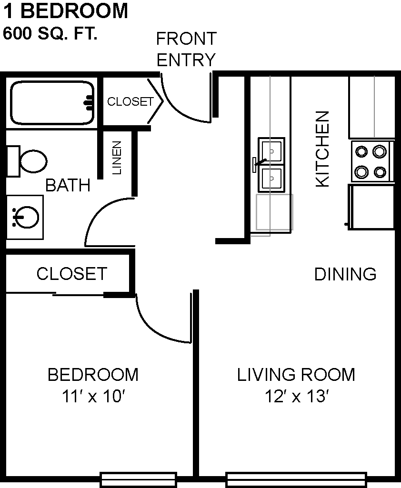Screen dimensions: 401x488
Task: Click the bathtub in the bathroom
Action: (x=52, y=103)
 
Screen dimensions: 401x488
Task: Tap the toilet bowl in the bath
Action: (x=33, y=161)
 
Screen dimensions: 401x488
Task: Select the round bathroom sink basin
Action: (x=28, y=217)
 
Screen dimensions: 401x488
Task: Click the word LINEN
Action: (x=117, y=158)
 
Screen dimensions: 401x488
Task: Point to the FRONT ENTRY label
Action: (x=186, y=49)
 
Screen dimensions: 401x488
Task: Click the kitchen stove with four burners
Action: (x=371, y=161)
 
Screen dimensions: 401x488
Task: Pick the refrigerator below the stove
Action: (x=371, y=207)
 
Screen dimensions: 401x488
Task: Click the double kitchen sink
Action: (x=271, y=165)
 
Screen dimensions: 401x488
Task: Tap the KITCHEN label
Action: (x=322, y=149)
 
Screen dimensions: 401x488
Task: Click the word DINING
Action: (x=345, y=274)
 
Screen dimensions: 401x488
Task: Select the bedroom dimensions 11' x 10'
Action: (x=93, y=397)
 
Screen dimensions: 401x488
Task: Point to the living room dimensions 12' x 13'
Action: (x=297, y=397)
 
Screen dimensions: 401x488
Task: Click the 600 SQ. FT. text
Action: (x=50, y=33)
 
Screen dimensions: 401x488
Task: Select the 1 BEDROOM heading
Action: (x=65, y=11)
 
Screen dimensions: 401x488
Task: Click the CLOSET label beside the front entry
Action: (x=130, y=101)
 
